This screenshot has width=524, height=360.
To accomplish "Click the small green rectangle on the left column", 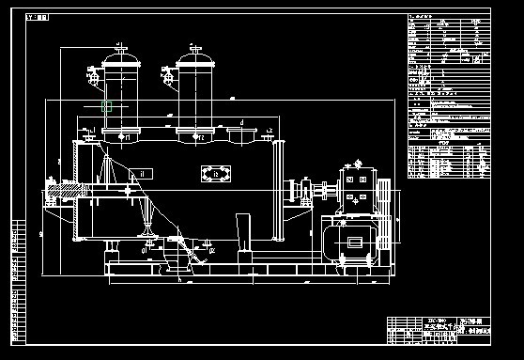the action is pos(107,107).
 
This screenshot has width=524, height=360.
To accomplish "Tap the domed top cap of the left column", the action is pos(121,57).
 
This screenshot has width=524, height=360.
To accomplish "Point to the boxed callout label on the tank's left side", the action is pos(142,173).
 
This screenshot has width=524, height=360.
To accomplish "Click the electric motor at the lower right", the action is pos(352,242).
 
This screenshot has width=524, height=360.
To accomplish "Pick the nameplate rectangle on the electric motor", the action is pos(355,243).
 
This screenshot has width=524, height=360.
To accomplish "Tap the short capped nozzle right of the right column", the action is pos(244,137).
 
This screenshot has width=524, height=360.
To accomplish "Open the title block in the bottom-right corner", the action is pos(438,330).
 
